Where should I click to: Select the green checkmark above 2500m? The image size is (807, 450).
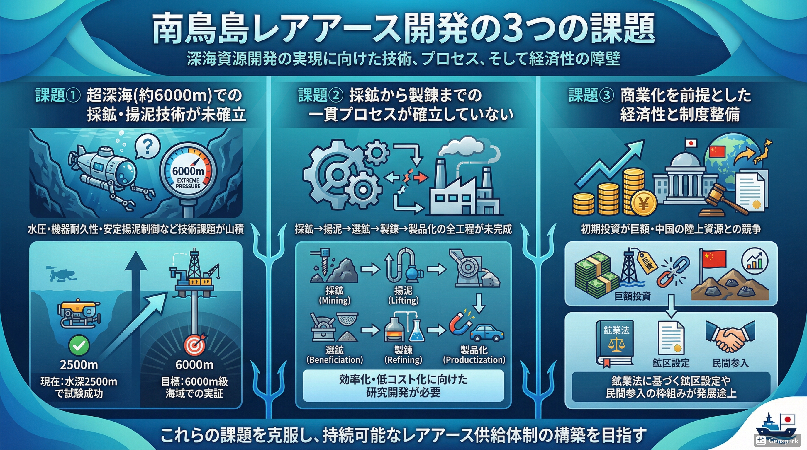tap(79, 345)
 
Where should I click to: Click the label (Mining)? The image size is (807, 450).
tap(334, 301)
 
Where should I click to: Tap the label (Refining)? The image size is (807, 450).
tap(403, 360)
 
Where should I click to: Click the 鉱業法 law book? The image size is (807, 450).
tap(616, 343)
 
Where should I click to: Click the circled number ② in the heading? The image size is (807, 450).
tap(335, 95)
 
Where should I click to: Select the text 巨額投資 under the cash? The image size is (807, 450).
tap(633, 296)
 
